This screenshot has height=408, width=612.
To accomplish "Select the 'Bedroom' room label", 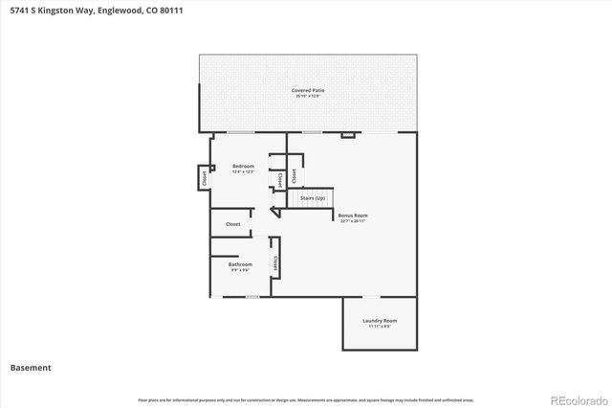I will click(x=243, y=167).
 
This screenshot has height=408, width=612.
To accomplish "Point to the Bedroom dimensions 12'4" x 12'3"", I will click(x=243, y=172).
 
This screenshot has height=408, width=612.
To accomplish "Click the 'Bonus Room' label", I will click(x=353, y=215).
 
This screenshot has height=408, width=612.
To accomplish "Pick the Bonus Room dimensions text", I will click(x=353, y=221).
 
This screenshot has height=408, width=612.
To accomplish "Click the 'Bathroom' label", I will click(x=240, y=264).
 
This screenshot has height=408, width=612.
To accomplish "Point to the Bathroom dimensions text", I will click(x=240, y=270).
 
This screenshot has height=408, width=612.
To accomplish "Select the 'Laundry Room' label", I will click(x=380, y=321).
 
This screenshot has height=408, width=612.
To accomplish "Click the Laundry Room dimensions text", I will click(x=380, y=327).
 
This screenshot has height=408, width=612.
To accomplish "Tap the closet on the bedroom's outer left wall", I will click(x=204, y=177).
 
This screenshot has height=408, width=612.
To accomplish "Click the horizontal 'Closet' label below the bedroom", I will click(x=232, y=224).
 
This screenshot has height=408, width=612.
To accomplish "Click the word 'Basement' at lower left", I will click(x=31, y=368).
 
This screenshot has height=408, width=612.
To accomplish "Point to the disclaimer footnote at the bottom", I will click(x=306, y=399).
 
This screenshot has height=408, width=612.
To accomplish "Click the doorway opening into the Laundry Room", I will click(x=380, y=296).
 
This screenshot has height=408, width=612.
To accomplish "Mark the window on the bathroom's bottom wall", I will click(x=251, y=296).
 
